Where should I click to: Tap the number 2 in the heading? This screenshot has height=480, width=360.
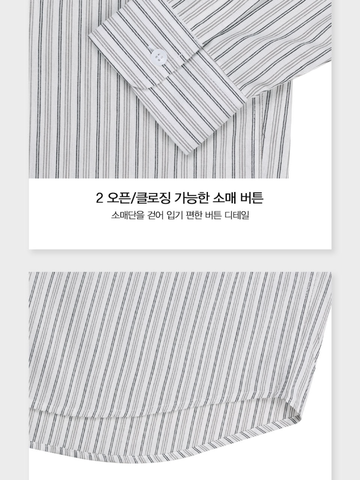(x=99, y=198)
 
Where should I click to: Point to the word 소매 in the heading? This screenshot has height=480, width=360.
(x=224, y=198)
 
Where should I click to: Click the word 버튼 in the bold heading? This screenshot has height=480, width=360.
(x=252, y=198)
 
